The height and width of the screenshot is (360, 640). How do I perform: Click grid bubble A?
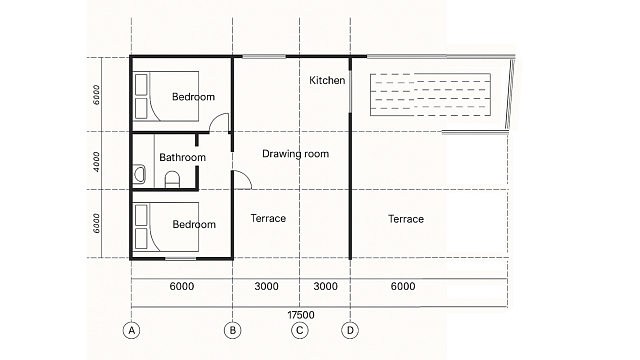[131, 330]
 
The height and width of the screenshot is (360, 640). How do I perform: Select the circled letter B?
[233, 330]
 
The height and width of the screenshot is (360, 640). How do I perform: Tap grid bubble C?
[300, 330]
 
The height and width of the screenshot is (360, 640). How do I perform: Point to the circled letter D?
[350, 330]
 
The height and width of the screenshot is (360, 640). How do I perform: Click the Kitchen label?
[327, 80]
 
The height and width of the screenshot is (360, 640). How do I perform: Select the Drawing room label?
[296, 154]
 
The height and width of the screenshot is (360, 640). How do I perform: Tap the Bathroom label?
[182, 158]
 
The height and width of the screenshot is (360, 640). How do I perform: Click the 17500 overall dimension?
[301, 315]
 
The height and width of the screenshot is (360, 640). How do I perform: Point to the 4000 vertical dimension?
[96, 162]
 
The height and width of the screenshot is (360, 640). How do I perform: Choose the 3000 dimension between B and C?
[267, 286]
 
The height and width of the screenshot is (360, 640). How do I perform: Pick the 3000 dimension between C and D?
[325, 286]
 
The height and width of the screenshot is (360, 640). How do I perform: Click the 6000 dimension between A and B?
[182, 286]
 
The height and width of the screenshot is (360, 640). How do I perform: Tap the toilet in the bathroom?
[172, 179]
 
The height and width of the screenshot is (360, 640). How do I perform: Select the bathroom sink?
[139, 174]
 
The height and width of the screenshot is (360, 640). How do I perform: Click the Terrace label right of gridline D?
[406, 219]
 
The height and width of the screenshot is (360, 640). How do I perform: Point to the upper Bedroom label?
[193, 97]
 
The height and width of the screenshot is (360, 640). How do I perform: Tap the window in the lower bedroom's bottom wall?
[180, 259]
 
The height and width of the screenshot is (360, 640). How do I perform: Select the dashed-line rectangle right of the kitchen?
[430, 95]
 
